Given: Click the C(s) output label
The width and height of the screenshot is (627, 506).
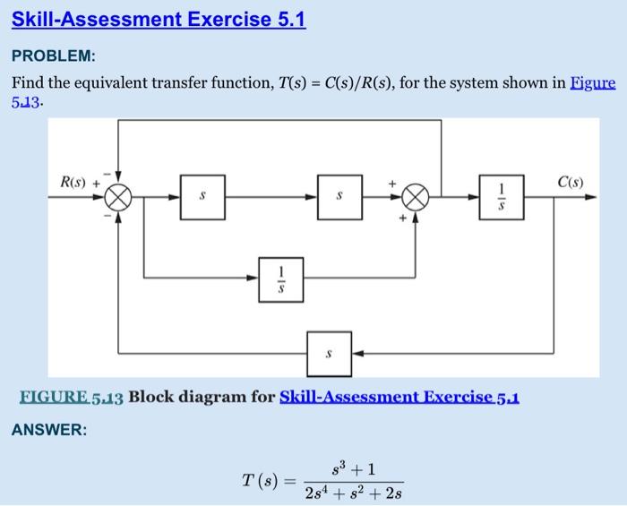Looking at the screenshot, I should tap(570, 182).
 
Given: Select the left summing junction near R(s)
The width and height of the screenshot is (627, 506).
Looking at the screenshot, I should tap(118, 196).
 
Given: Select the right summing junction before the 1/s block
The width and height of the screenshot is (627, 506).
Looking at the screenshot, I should tap(415, 196).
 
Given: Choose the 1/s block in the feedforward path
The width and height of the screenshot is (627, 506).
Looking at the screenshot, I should tap(281, 278).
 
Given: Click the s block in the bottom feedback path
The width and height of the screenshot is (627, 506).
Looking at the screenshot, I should tap(329, 353).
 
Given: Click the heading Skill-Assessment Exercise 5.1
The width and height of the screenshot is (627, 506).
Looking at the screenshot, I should tap(159, 19).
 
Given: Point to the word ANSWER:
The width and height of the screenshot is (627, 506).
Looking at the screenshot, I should tap(49, 430).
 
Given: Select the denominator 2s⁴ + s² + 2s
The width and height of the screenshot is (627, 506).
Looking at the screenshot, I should tap(353, 491).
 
